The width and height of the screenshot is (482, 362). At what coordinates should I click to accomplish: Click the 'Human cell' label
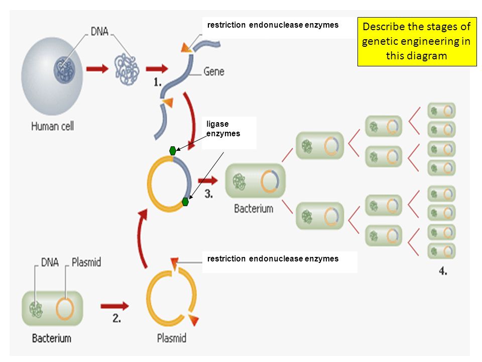[x=53, y=126]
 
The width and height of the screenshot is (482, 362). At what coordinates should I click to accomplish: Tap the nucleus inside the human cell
[x=64, y=70]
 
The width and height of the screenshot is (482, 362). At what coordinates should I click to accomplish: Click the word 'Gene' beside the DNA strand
[x=214, y=72]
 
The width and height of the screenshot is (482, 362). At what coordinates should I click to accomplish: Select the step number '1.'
[x=157, y=82]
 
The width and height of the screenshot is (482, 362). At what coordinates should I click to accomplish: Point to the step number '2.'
[x=116, y=318]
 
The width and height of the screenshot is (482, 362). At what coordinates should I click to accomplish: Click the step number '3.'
[x=209, y=194]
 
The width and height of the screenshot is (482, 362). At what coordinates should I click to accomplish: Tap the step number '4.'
[x=443, y=271]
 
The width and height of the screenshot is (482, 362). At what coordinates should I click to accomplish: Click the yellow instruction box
[x=417, y=42]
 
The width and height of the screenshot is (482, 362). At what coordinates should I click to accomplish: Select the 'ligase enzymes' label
[x=223, y=129]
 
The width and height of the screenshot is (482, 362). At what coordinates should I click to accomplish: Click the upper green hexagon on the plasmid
[x=173, y=150]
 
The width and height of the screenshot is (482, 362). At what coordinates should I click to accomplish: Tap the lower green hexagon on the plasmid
[x=185, y=202]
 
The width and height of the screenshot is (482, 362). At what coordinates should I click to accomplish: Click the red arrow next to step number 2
[x=114, y=306]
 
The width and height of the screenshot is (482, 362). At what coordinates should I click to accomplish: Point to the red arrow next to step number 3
[x=208, y=180]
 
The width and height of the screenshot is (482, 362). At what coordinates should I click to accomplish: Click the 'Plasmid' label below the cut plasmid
[x=172, y=338]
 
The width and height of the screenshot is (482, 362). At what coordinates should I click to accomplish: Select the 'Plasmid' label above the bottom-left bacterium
[x=86, y=262]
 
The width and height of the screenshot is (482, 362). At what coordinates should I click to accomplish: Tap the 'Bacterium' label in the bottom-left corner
[x=52, y=338]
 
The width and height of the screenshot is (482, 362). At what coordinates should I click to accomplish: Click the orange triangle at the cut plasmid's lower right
[x=194, y=320]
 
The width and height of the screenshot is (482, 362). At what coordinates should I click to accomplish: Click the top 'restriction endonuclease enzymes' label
[x=273, y=25]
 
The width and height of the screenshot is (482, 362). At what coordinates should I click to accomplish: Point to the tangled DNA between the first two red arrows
[x=127, y=69]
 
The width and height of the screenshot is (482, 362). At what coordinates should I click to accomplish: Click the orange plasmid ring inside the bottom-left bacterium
[x=65, y=309]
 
